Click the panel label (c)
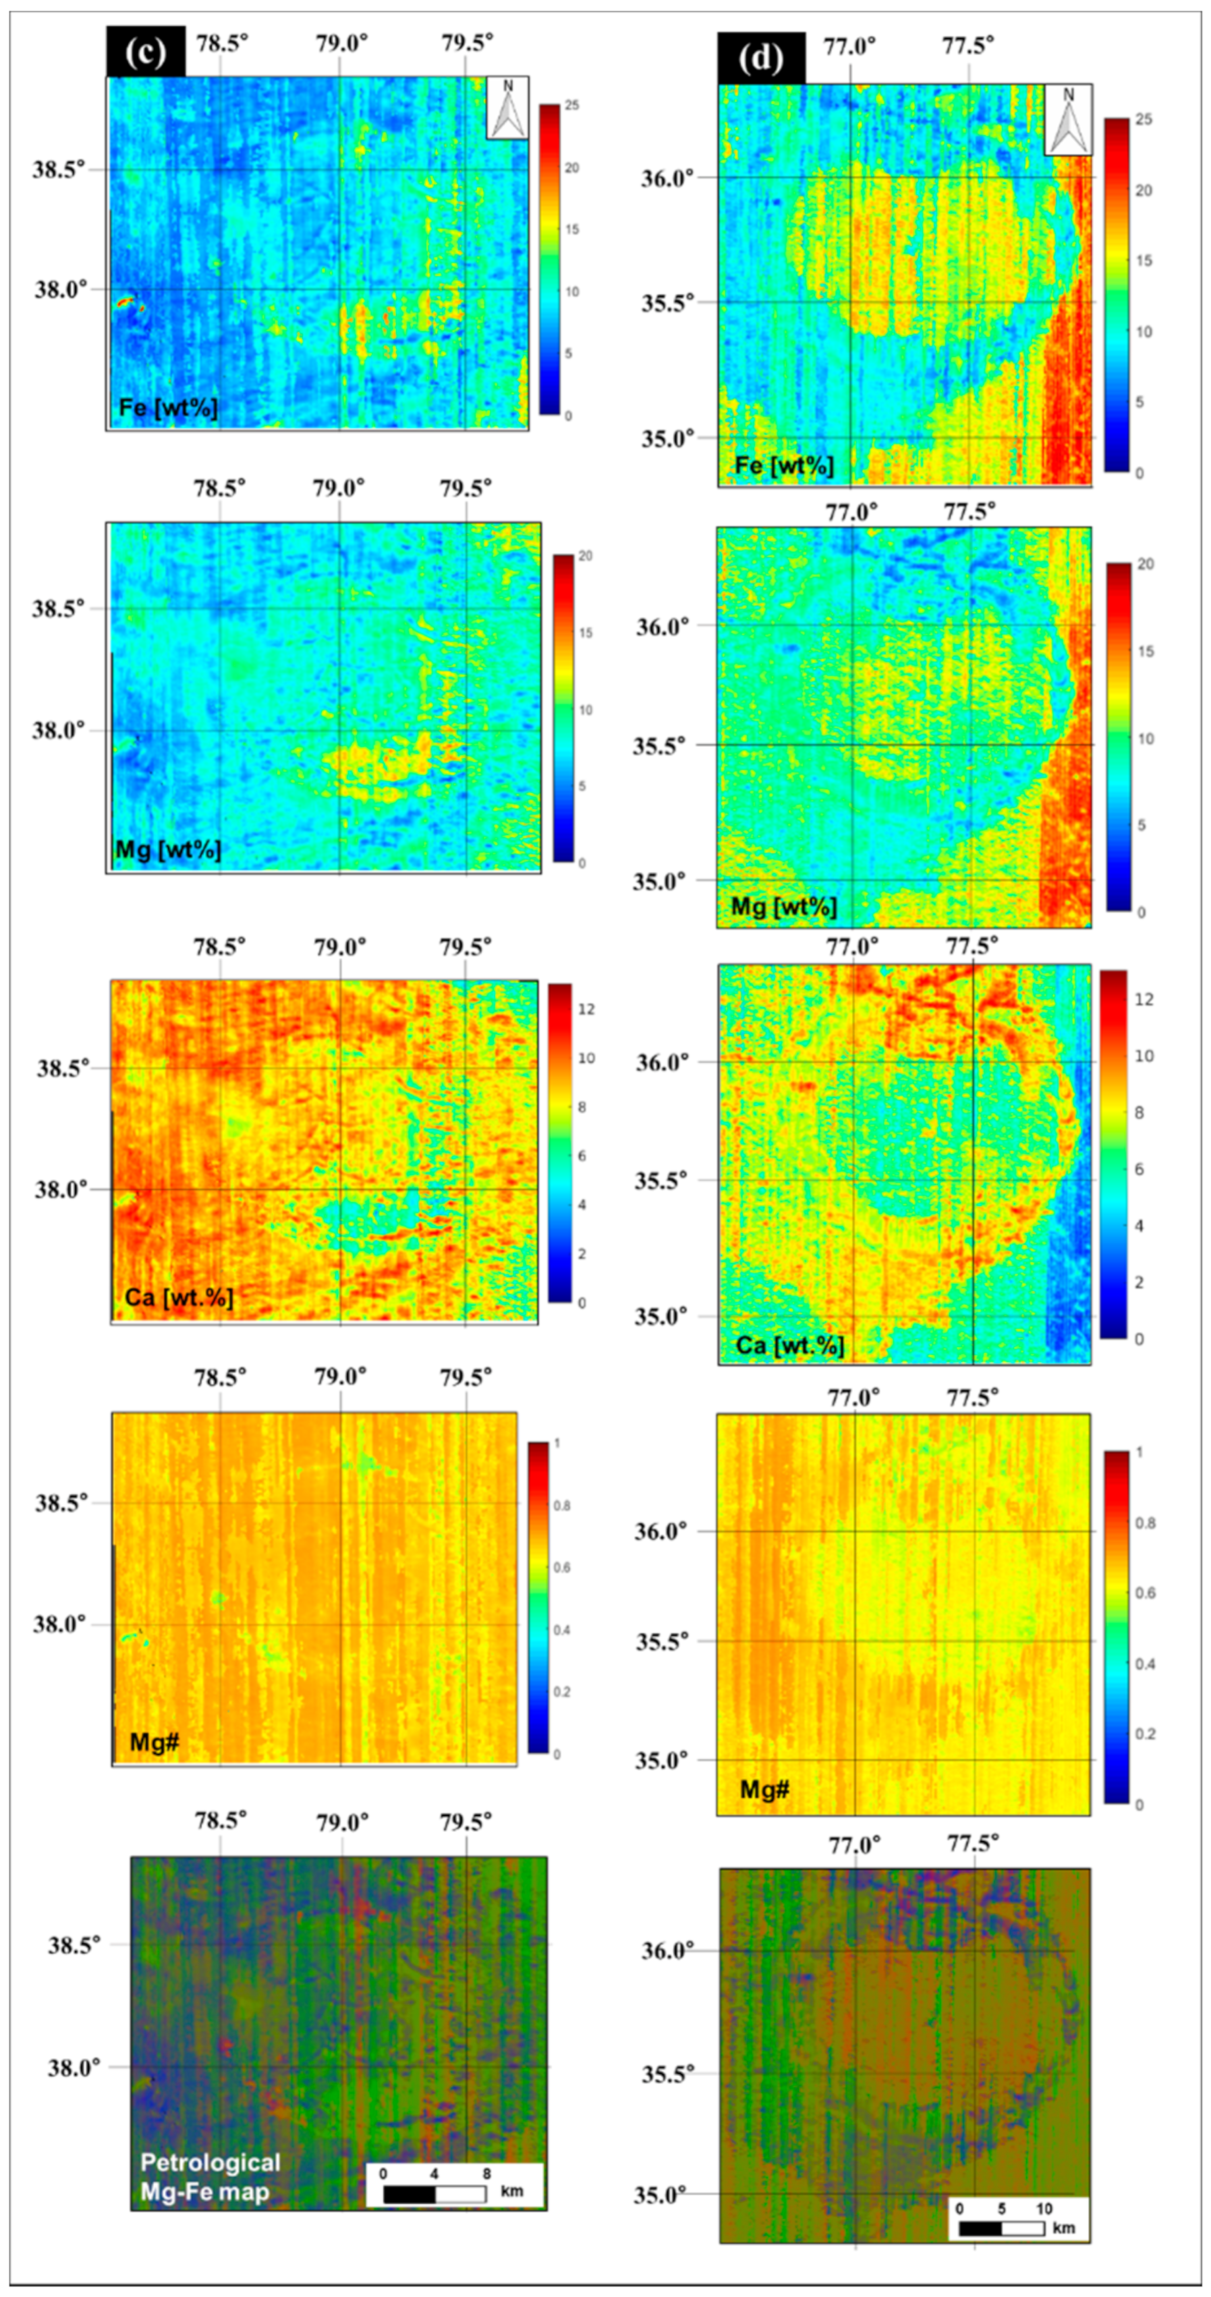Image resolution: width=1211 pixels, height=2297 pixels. [145, 53]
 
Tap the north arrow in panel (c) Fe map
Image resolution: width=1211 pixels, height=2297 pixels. [507, 108]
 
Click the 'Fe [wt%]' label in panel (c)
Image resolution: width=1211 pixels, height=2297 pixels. [169, 409]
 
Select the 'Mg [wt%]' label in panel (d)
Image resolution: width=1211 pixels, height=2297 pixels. [784, 907]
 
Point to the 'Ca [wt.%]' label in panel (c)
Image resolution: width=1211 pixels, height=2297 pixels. [178, 1297]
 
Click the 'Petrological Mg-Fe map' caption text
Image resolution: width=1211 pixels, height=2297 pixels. [210, 2177]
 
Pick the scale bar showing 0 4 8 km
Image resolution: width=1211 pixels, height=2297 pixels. [454, 2186]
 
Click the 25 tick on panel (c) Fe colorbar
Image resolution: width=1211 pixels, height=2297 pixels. [571, 106]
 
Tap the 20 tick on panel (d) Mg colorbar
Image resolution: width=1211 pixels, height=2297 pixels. [1145, 565]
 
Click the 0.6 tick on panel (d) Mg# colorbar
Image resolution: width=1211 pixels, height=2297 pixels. [1146, 1593]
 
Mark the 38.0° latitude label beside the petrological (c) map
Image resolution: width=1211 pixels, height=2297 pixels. [74, 2067]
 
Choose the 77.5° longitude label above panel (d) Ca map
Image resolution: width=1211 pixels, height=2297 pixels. [972, 946]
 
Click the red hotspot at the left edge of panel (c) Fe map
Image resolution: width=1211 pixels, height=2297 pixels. [127, 303]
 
